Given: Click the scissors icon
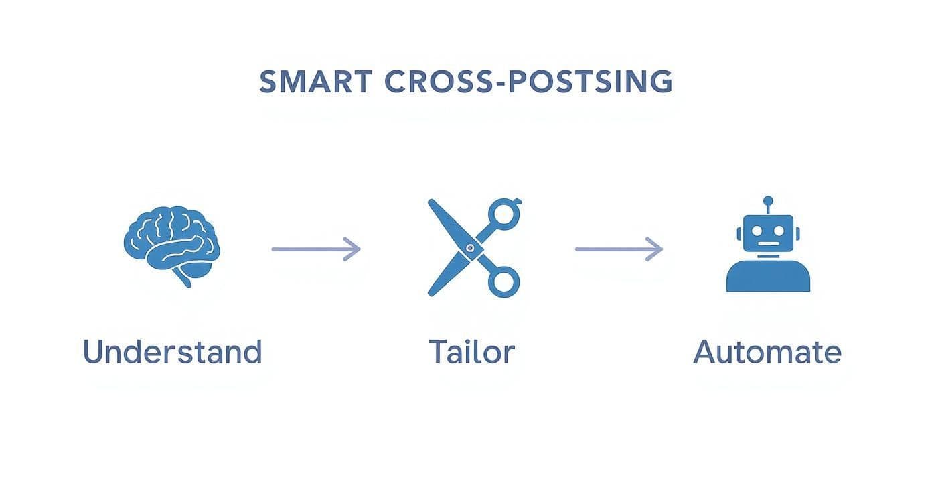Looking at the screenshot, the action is pos(473,248).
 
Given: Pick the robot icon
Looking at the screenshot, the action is pos(768,248).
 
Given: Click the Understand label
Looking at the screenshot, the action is pos(172,352).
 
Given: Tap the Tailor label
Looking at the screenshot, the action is pos(471,352).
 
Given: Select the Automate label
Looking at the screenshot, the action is pos(767,352).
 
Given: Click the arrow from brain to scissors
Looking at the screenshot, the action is pos(315,249).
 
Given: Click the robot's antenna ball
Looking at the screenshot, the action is pos(768,200).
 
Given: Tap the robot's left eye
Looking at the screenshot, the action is pos(758,231).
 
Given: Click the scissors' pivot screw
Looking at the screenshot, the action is pos(470,249).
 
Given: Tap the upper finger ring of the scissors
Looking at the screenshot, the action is pos(502,214).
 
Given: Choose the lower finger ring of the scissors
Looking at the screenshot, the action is pos(503,281).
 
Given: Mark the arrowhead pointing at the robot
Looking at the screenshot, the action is pos(657,249).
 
